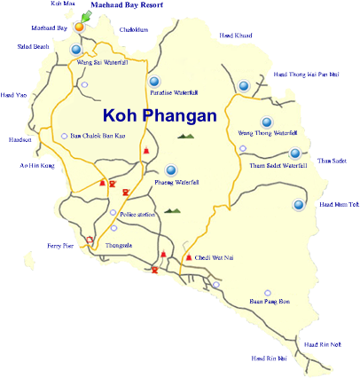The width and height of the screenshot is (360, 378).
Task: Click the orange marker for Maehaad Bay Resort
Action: pos(79,27)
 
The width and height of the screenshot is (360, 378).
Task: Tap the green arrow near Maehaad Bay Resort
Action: pos(86,17)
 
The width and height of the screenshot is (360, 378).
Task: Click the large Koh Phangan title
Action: pos(160,115)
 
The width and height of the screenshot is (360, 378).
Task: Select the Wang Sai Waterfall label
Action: pos(103,62)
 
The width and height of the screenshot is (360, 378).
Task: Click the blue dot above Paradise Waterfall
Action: pos(153,81)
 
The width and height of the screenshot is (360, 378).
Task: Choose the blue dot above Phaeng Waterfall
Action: pos(171,169)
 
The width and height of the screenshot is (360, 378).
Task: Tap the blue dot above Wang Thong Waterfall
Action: pos(266,122)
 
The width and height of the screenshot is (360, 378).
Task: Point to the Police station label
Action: pos(137,214)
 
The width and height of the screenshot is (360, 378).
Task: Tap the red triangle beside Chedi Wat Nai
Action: pos(188,257)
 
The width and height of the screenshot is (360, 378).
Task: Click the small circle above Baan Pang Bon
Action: pos(268,292)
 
